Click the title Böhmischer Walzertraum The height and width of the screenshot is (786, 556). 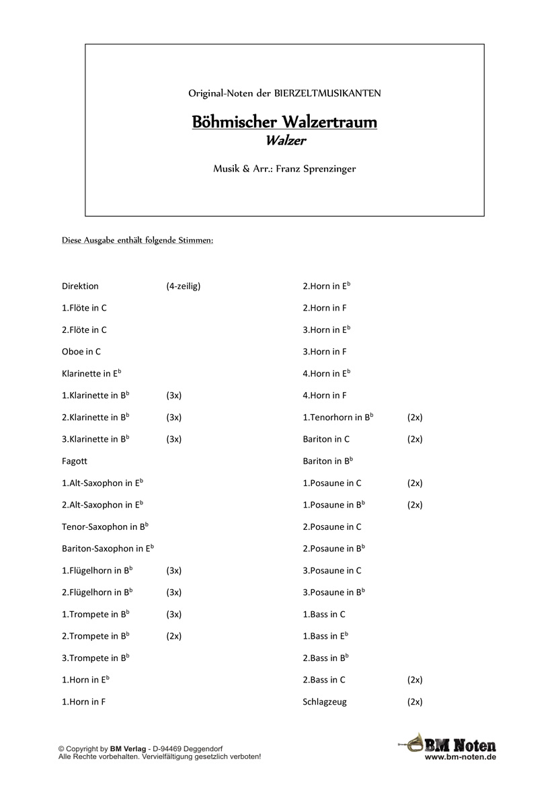tap(284, 122)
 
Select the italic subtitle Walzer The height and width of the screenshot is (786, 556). tap(284, 141)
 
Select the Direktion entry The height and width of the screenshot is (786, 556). tap(80, 286)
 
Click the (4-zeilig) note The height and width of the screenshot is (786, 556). tap(184, 286)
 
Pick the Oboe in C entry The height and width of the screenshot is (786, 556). tap(81, 352)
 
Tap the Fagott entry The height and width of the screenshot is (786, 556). tap(75, 461)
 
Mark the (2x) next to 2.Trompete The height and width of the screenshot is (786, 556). tap(174, 636)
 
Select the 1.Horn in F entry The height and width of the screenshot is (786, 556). tap(83, 702)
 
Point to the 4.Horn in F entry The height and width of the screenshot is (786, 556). tap(325, 395)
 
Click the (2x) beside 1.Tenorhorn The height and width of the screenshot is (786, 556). tap(415, 418)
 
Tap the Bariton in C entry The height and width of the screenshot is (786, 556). tap(326, 439)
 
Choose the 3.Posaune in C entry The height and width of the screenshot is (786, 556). tap(332, 571)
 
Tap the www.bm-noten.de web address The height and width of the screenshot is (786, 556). tap(461, 757)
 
